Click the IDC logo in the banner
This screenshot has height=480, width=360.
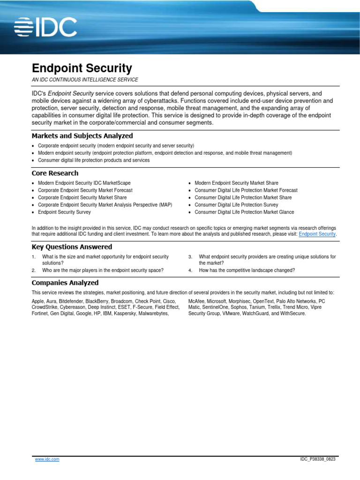click(x=45, y=27)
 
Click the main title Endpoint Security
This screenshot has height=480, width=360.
click(x=82, y=68)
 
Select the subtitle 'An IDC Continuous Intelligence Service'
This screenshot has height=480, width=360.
click(x=85, y=80)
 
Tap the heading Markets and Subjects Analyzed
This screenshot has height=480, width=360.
click(x=82, y=136)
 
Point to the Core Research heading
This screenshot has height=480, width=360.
click(x=55, y=173)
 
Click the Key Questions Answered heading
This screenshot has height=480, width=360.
click(x=72, y=247)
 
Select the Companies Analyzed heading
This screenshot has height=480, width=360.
click(x=65, y=283)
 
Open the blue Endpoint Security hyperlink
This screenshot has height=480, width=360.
click(x=317, y=233)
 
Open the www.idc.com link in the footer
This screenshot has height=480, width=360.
click(x=47, y=459)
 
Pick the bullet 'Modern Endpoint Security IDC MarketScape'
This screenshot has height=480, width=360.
click(x=84, y=183)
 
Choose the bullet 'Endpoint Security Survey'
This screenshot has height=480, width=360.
click(x=64, y=212)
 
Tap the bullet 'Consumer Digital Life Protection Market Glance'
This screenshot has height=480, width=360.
click(x=244, y=212)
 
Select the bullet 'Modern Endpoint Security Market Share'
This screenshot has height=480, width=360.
click(x=236, y=183)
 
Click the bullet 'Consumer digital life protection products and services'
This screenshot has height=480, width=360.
click(x=94, y=160)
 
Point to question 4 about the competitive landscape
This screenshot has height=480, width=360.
click(x=247, y=270)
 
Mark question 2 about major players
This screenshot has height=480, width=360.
click(x=103, y=270)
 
